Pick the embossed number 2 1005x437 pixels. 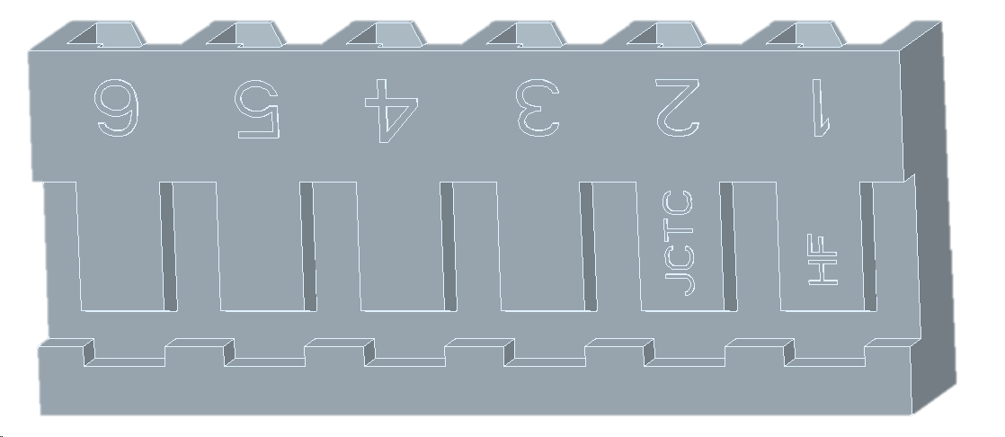[678, 108]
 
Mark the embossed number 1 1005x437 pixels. [818, 108]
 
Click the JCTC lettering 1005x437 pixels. [680, 243]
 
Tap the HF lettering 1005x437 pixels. [823, 260]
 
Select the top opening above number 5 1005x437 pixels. [247, 34]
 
